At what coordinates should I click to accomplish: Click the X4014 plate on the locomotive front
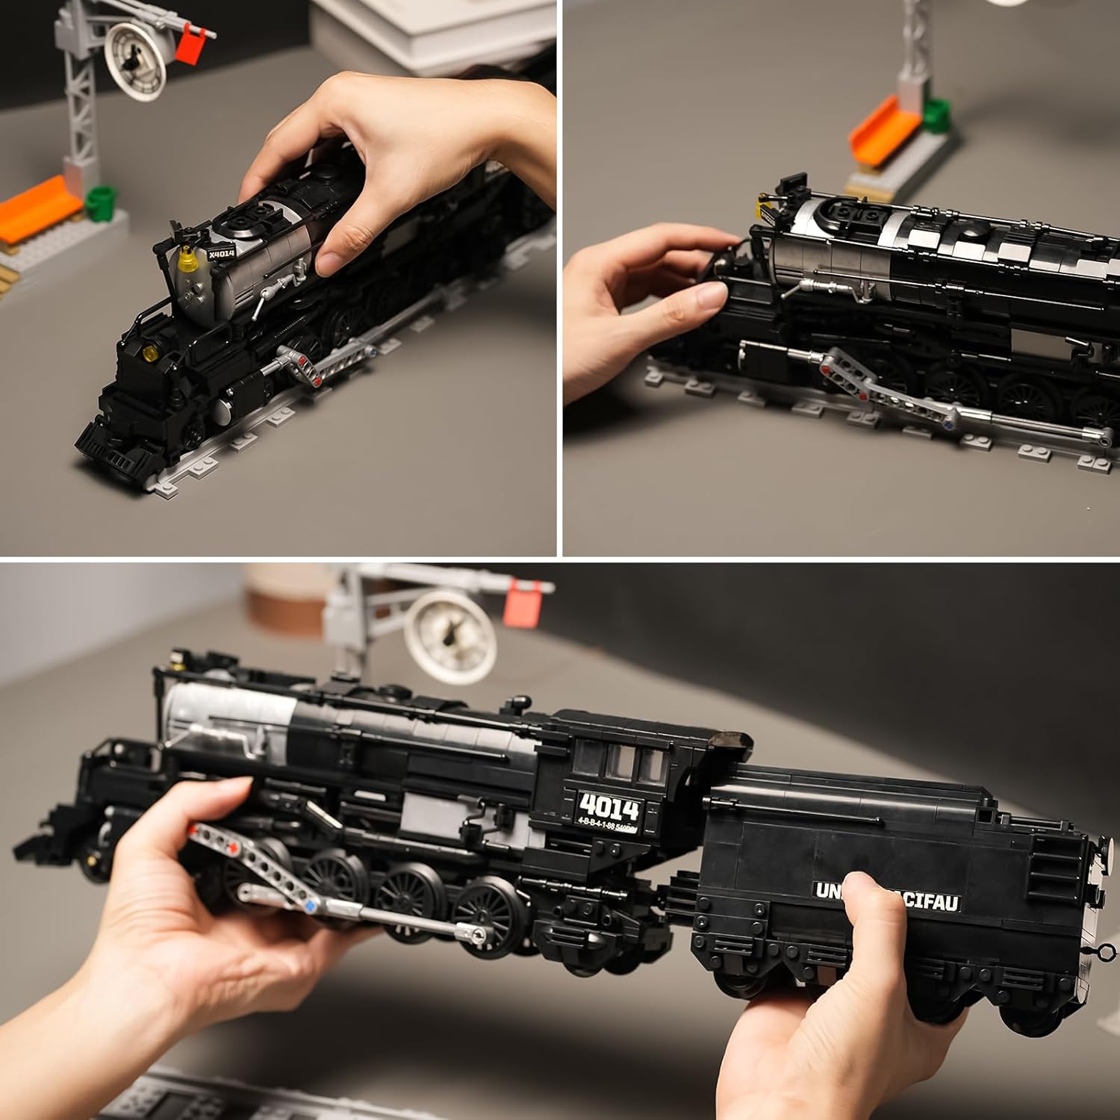coord(221,253)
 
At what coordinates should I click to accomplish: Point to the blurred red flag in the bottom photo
coord(526,603)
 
